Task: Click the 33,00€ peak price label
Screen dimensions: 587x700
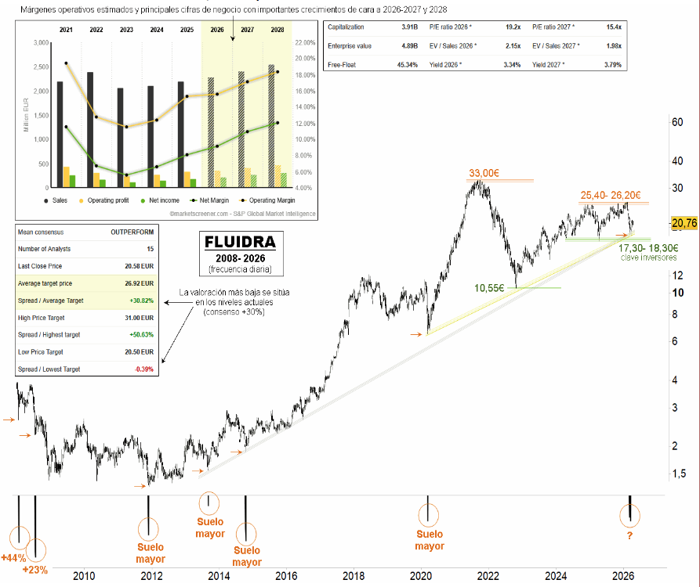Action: (485, 173)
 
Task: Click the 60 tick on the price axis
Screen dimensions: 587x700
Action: (678, 122)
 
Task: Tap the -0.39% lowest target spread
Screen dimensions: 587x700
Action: (143, 369)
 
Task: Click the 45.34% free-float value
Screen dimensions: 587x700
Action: (407, 65)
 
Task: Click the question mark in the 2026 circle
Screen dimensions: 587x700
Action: (629, 535)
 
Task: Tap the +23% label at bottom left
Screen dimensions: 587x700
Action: (35, 569)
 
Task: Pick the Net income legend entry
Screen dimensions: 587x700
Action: (159, 200)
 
